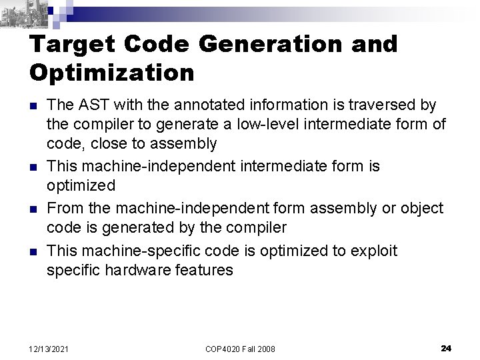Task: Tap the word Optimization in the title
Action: point(112,73)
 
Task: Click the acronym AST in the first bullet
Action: point(91,105)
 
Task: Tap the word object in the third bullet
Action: point(422,209)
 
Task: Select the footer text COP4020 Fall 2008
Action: point(241,349)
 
